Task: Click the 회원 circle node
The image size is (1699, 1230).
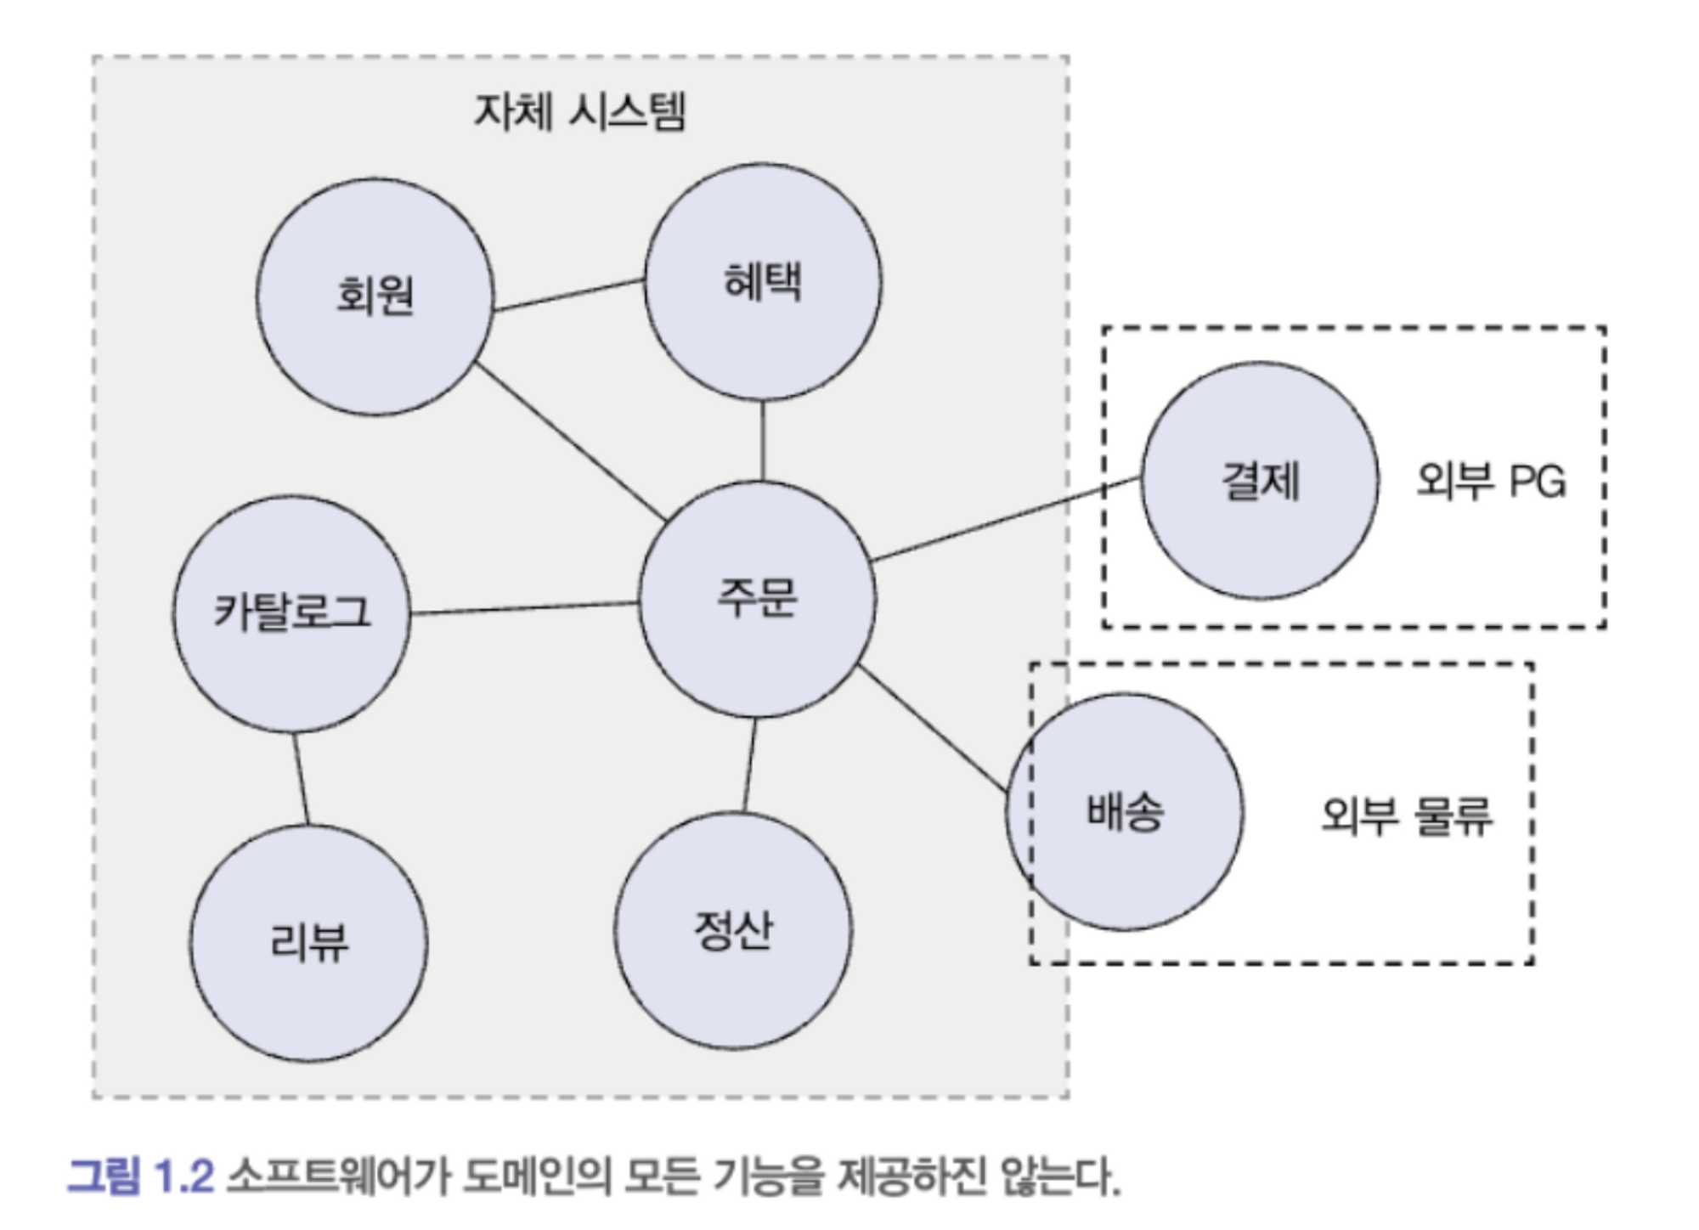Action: click(375, 296)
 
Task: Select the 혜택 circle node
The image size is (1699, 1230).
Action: click(762, 281)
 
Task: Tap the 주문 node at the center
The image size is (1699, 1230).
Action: click(756, 599)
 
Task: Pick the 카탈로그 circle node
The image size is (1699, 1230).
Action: click(291, 613)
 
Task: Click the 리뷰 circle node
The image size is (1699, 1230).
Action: click(308, 943)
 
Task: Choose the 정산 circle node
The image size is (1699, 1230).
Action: click(732, 931)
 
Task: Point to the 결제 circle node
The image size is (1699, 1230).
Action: click(1259, 481)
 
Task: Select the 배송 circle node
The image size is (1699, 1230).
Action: click(1124, 811)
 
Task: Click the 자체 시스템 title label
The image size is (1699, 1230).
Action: click(579, 112)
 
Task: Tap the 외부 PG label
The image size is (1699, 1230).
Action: click(1490, 482)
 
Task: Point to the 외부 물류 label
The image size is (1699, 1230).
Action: click(1406, 816)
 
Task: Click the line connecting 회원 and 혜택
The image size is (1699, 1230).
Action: click(568, 295)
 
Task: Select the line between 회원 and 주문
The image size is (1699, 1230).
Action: click(569, 441)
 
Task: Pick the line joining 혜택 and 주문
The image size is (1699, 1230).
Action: click(762, 440)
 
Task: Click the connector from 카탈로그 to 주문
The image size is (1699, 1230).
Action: click(524, 607)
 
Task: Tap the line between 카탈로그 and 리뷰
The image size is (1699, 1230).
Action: click(301, 778)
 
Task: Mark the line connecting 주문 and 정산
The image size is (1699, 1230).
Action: click(749, 765)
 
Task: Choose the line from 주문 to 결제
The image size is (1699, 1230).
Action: click(1007, 519)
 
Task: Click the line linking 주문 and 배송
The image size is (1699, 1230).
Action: click(932, 729)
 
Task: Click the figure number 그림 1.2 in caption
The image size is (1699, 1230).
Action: click(140, 1176)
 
